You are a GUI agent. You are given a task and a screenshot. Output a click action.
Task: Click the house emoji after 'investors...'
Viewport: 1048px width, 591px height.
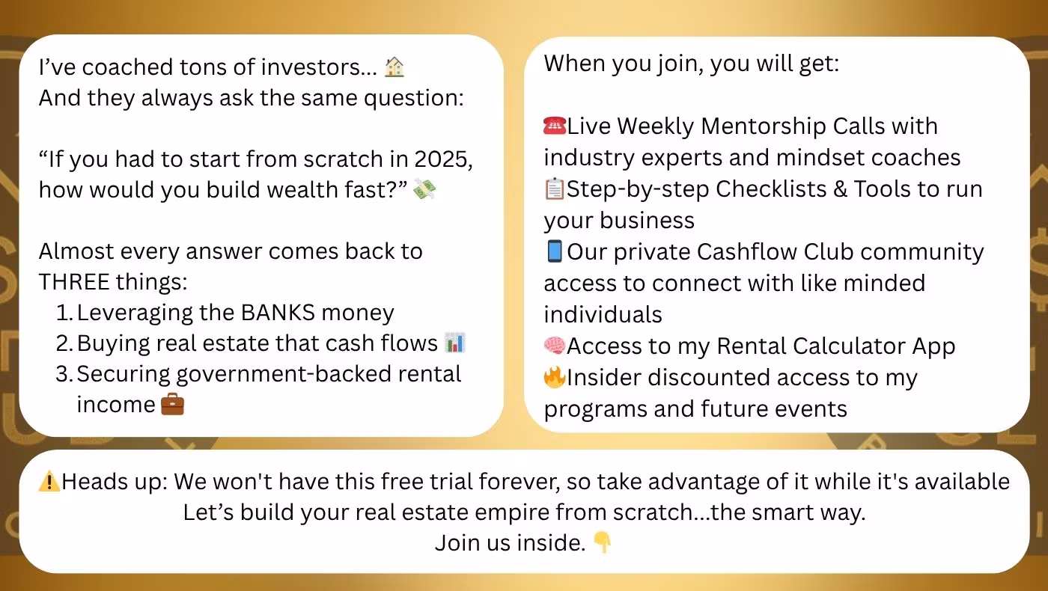coord(394,67)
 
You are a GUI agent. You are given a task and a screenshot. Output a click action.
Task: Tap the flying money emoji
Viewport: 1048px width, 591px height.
coord(424,189)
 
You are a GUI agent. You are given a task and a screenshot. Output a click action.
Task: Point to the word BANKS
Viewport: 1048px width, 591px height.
coord(278,313)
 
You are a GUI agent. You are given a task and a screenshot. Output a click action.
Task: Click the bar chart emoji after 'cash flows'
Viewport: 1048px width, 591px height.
coord(455,343)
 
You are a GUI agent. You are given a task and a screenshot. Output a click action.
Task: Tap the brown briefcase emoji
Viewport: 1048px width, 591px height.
coord(173,405)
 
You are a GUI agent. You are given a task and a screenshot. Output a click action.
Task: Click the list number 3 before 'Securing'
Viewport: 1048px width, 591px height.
coord(62,374)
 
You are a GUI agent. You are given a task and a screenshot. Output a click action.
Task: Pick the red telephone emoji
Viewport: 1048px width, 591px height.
coord(555,126)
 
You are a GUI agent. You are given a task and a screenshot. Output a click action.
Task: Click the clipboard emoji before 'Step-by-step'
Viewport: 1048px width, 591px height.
coord(555,189)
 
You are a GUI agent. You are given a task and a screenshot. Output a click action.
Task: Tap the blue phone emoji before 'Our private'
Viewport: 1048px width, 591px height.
coord(555,251)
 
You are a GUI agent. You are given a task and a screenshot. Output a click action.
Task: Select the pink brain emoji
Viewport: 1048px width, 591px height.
coord(555,346)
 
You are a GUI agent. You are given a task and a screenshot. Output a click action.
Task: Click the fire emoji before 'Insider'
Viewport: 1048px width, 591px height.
coord(555,377)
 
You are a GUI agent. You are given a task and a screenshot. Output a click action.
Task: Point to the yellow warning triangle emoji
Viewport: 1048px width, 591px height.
coord(49,482)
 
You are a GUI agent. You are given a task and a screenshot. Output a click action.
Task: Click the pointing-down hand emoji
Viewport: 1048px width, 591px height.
coord(602,542)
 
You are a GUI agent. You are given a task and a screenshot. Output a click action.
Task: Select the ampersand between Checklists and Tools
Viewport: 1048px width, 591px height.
coord(840,189)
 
